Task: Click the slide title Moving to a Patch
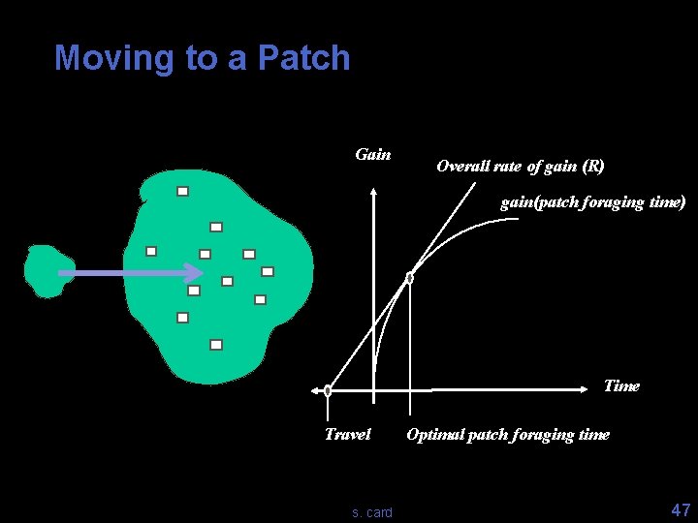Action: [202, 58]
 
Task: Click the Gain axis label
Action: [373, 154]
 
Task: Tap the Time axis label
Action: [621, 385]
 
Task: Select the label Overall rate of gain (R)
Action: [521, 166]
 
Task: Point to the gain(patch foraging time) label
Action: [592, 202]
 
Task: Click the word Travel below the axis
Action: [347, 434]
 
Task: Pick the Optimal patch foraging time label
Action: [508, 434]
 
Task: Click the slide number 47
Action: [680, 509]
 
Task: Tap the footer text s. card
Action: [372, 511]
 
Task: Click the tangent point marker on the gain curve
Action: [409, 278]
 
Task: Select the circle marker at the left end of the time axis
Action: [328, 391]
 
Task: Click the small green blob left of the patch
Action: [44, 270]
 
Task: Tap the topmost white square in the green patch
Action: [182, 191]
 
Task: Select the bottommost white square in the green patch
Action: [216, 344]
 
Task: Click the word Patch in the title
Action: [303, 58]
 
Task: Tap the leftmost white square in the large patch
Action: [151, 250]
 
